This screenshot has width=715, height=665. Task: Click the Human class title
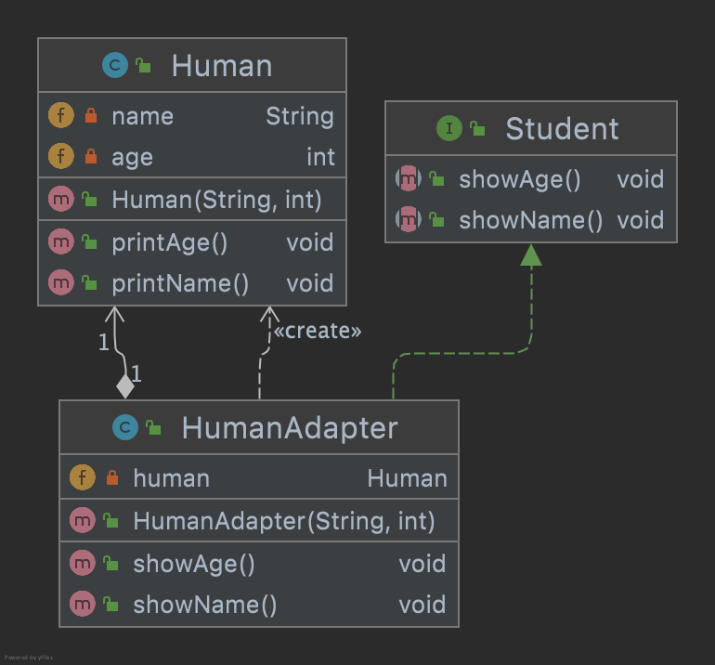(x=222, y=66)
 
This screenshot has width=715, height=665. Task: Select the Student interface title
(x=562, y=129)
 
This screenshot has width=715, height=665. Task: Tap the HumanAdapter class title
(x=290, y=428)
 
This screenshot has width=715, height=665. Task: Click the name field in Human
(x=142, y=116)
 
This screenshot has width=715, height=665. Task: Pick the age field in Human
(x=132, y=157)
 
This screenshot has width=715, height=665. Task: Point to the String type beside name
(x=299, y=116)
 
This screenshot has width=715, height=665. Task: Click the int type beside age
(x=320, y=157)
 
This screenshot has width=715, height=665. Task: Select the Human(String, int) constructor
(x=216, y=199)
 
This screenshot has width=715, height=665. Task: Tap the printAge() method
(x=169, y=242)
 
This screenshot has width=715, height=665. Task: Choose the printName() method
(x=180, y=283)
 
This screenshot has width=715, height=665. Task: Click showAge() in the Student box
(x=519, y=179)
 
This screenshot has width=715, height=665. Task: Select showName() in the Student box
(x=530, y=220)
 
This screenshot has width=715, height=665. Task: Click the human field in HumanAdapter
(x=171, y=478)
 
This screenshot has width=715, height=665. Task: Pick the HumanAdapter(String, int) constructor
(x=284, y=521)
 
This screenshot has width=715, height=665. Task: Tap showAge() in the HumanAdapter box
(x=193, y=564)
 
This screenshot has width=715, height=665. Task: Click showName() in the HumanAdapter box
(x=204, y=605)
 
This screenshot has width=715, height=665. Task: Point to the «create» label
(x=317, y=331)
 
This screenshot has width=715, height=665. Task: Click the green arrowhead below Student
(x=530, y=254)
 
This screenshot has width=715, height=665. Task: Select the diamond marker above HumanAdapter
(x=124, y=385)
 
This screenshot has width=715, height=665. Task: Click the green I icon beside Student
(x=448, y=129)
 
